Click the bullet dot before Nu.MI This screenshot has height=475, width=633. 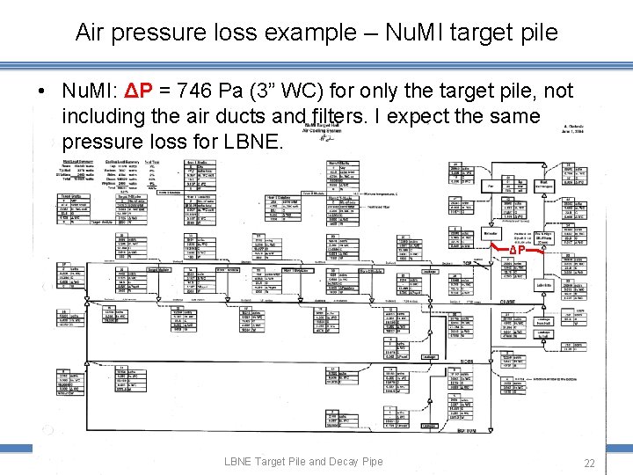pyautogui.click(x=42, y=91)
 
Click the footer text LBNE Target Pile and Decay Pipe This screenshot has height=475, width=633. pyautogui.click(x=303, y=461)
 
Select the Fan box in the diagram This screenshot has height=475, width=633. pyautogui.click(x=490, y=186)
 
